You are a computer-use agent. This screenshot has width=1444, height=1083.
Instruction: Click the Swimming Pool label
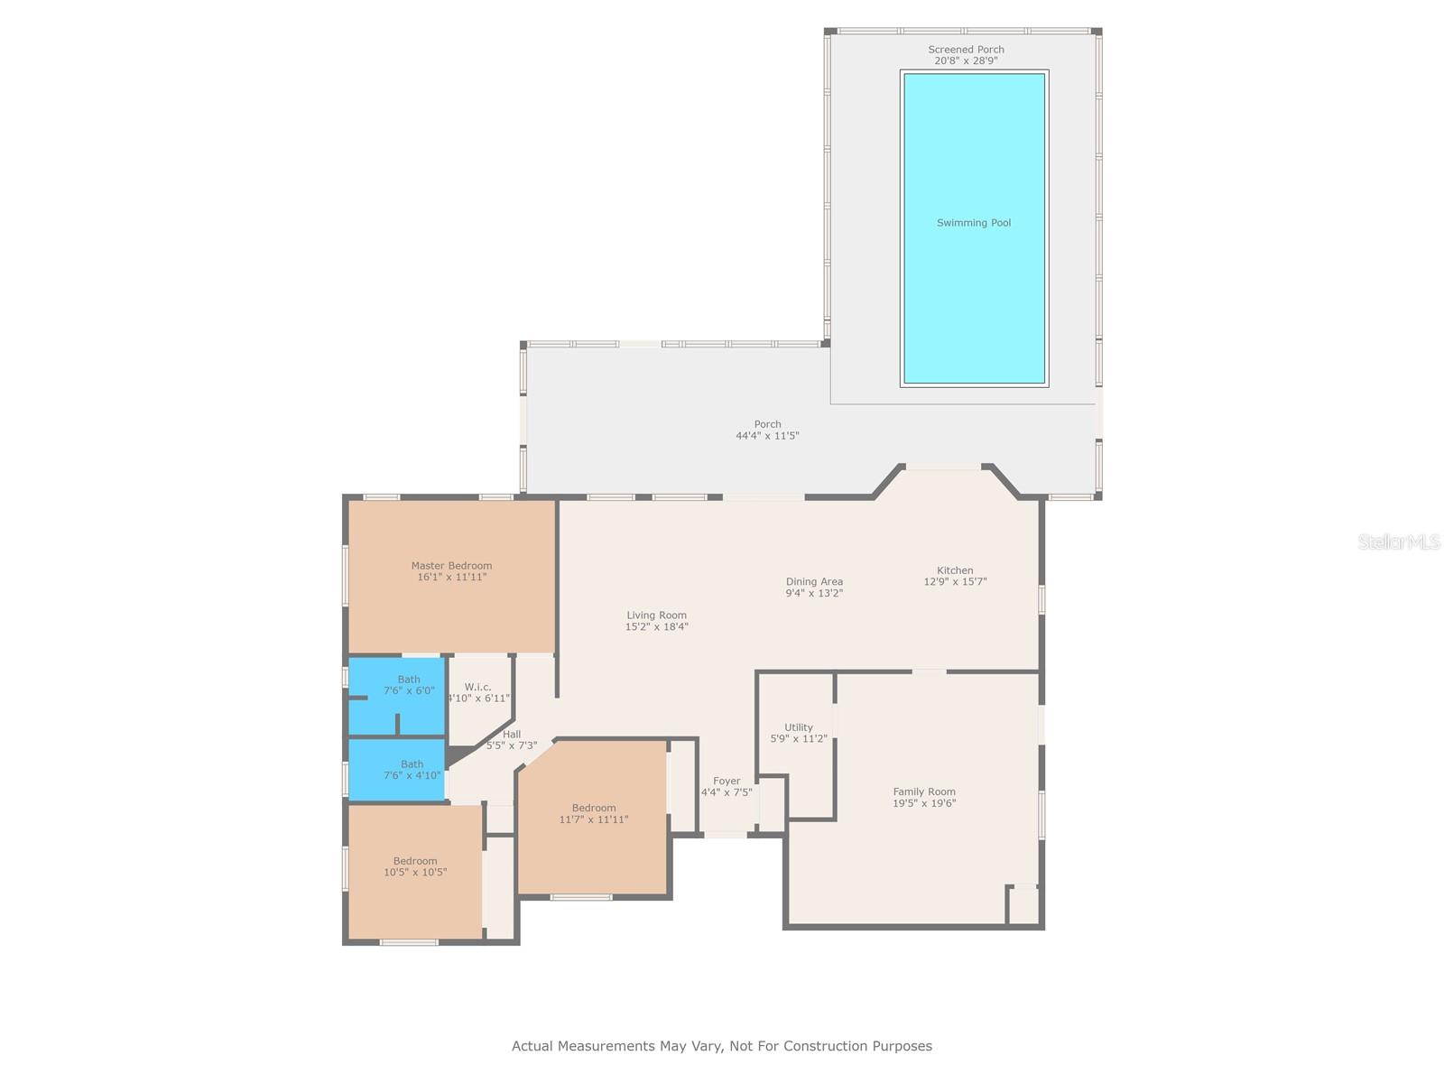pos(974,223)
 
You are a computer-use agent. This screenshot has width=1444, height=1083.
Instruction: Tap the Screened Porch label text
pos(966,50)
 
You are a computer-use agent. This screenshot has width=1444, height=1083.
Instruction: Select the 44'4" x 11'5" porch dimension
pos(767,435)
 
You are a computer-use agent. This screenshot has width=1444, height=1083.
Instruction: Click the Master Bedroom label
pos(451,566)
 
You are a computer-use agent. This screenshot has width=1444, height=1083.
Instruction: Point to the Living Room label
pos(656,616)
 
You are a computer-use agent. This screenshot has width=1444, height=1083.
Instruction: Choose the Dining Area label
pos(814,581)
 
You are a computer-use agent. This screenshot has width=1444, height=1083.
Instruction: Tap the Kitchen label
pos(955,570)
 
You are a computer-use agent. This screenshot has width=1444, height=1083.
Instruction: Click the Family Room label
pos(923,791)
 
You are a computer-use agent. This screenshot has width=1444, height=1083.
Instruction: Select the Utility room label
pos(798,727)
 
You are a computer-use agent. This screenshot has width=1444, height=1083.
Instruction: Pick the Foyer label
pos(727,782)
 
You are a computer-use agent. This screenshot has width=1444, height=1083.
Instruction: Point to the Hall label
pos(512,735)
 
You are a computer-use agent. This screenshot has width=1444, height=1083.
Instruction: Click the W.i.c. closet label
pos(477,687)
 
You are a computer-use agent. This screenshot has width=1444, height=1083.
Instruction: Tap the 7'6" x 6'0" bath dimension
pos(409,690)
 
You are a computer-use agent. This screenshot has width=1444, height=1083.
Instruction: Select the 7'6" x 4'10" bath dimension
pos(412,775)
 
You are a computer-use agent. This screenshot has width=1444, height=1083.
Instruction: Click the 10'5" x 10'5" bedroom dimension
pos(415,872)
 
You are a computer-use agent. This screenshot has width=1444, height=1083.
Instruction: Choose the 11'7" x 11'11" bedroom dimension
pos(593,819)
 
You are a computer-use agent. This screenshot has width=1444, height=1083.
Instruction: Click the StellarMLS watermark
pos(1399,541)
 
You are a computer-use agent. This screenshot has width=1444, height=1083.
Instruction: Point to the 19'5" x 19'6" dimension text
pos(923,803)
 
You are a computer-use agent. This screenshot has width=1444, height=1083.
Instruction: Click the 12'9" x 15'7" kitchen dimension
pos(955,581)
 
